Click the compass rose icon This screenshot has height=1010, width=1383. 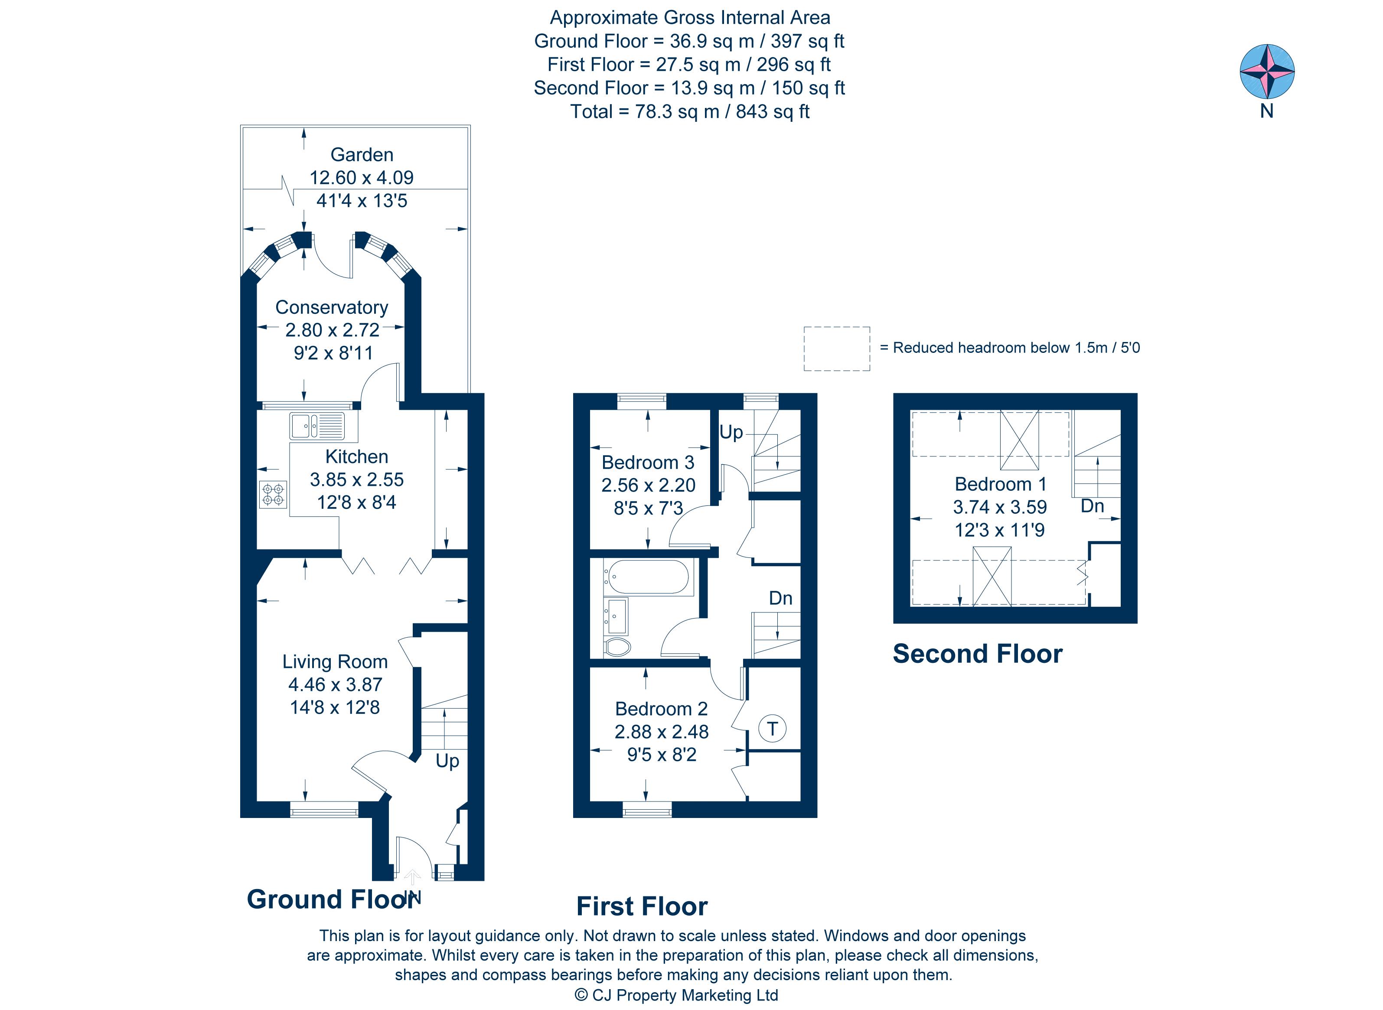pos(1266,72)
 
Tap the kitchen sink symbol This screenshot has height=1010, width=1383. pos(317,426)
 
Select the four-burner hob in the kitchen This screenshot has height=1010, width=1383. pos(273,494)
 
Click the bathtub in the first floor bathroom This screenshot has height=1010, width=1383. pos(647,577)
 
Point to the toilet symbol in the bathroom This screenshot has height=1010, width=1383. pos(617,647)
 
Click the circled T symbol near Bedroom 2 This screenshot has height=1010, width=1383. pos(772,729)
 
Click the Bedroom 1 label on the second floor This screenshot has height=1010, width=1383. pos(1000,484)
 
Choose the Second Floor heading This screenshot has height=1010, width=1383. pos(977,654)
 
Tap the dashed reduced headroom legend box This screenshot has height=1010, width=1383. pos(836,349)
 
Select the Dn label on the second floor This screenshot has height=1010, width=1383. pos(1092,505)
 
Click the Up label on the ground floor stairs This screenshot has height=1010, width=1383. pos(447,761)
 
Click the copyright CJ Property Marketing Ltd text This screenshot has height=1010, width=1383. pos(676,995)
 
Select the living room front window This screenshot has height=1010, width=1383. pos(323,811)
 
